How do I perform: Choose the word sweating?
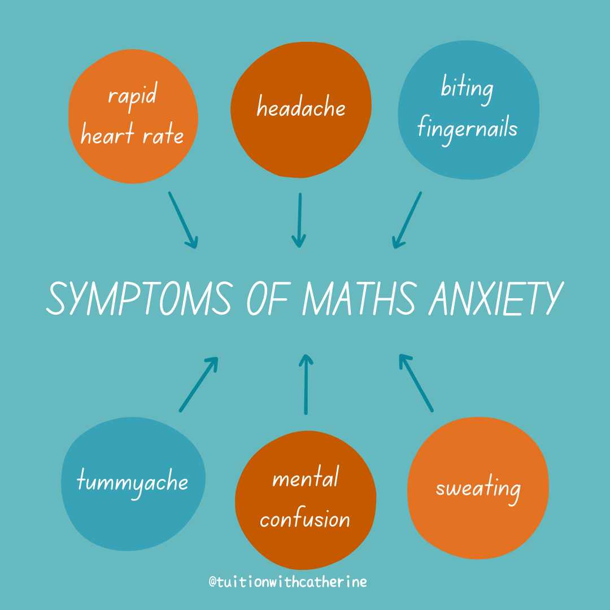point(478,489)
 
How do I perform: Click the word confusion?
point(305,518)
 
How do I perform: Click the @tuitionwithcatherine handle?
point(287,582)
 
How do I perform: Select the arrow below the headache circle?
point(299,220)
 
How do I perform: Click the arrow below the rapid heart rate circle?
point(183,220)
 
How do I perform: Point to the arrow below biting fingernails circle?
point(407,220)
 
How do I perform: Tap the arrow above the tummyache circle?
point(198,384)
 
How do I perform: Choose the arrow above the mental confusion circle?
point(306,384)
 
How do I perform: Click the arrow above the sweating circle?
point(416,382)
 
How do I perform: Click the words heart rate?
point(132,136)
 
